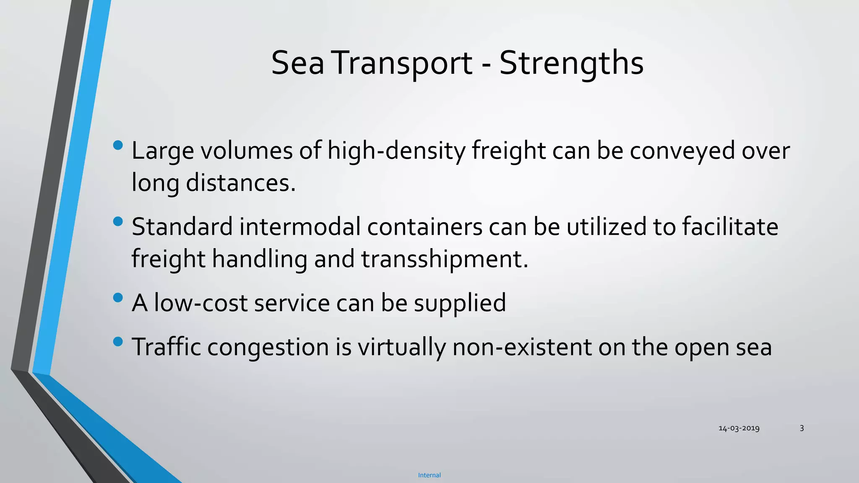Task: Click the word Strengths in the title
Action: (x=571, y=63)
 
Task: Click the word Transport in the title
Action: (x=403, y=63)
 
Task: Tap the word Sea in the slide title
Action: (x=298, y=63)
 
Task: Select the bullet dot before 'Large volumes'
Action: (x=118, y=145)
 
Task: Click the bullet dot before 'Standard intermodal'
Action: (x=118, y=221)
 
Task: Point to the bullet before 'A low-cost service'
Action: (x=118, y=298)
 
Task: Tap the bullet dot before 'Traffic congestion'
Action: (x=118, y=342)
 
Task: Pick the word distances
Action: (x=241, y=183)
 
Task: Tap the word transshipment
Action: (x=445, y=259)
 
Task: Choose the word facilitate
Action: (x=730, y=227)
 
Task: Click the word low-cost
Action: (x=200, y=303)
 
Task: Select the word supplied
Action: (x=460, y=303)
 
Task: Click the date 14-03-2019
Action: (x=739, y=428)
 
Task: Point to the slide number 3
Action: (x=802, y=428)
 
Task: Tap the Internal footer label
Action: (x=429, y=475)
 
